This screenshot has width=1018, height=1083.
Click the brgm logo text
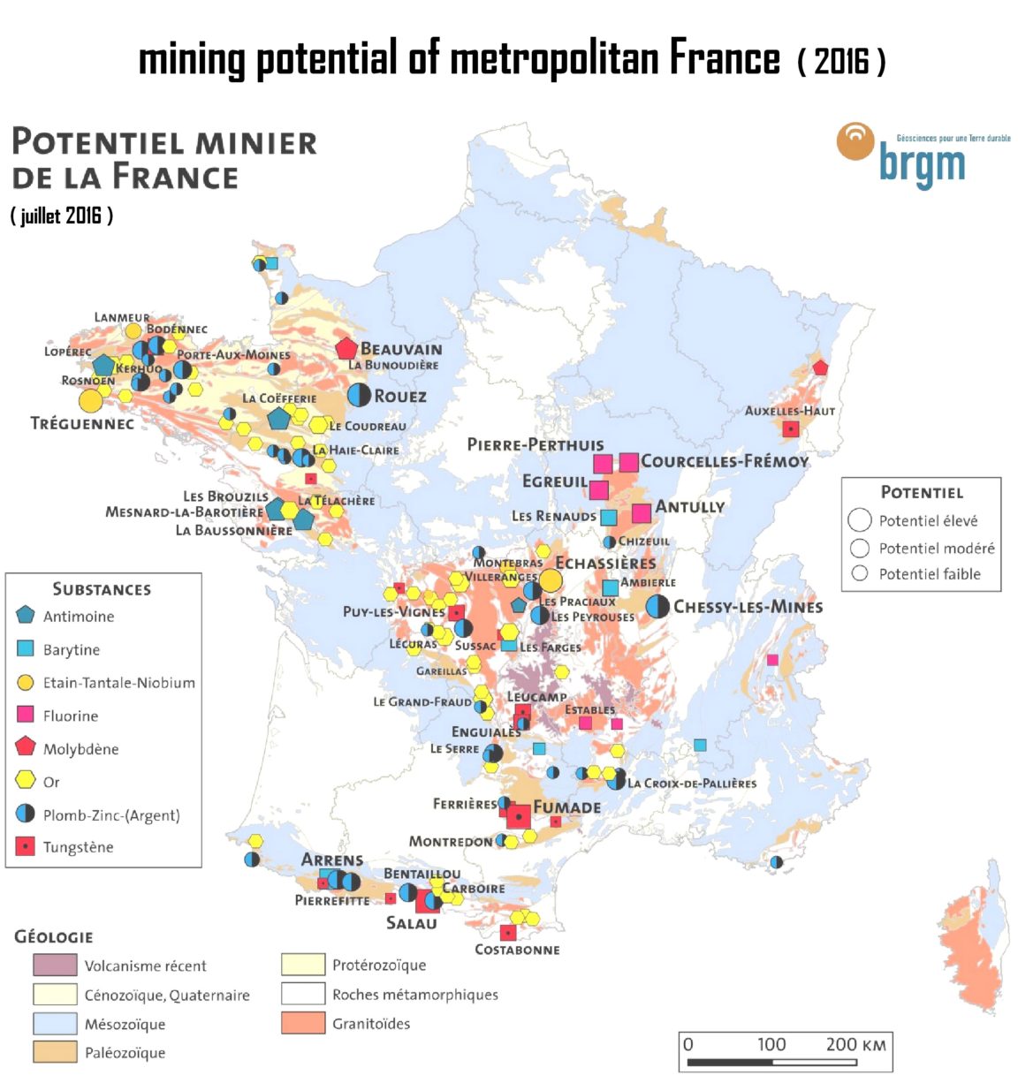(922, 163)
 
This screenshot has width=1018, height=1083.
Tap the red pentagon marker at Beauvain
(346, 348)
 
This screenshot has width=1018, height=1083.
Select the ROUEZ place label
(400, 397)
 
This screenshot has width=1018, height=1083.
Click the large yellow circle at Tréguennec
(90, 400)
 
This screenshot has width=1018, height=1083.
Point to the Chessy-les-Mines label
(748, 607)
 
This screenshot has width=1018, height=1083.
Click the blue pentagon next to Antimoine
(26, 616)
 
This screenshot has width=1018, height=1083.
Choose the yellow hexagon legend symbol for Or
(26, 781)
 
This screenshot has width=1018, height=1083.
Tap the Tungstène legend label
(78, 847)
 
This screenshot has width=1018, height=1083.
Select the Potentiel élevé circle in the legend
(860, 520)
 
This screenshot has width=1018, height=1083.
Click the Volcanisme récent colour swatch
(55, 965)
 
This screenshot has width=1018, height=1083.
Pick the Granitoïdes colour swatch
(303, 1023)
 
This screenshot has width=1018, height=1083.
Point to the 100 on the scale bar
(771, 1044)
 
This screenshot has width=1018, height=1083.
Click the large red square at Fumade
(519, 817)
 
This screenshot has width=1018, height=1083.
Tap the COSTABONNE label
(517, 950)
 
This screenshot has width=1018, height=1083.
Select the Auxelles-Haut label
(789, 411)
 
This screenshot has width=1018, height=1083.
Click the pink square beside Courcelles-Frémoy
(628, 462)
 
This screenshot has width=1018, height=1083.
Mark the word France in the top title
(725, 58)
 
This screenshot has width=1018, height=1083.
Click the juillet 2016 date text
(62, 216)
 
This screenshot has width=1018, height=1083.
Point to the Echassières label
(605, 563)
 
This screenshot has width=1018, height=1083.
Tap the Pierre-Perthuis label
(536, 444)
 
